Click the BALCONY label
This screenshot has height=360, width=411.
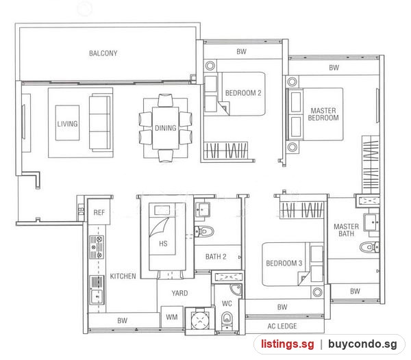point(103,53)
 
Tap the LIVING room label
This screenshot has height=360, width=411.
point(67,124)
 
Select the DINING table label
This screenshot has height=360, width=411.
point(165,128)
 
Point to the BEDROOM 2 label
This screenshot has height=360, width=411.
point(243,93)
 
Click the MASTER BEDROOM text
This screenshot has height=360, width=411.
point(323,114)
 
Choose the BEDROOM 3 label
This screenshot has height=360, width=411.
point(284,263)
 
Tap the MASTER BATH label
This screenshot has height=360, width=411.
point(346,230)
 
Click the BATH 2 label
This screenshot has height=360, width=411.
point(216,257)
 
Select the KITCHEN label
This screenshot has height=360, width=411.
point(123,276)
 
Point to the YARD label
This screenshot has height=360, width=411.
point(179,293)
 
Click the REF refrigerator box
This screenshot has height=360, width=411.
point(99,211)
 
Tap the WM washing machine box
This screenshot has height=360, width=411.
point(172,317)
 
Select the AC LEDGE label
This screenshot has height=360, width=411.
point(282,326)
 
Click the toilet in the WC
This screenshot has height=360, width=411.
point(226,319)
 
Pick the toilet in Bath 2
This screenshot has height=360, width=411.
point(205,231)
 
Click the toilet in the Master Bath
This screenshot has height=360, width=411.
point(369,247)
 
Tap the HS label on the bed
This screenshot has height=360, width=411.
point(163,244)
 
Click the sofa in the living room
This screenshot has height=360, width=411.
point(99,123)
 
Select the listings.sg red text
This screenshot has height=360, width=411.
point(287,344)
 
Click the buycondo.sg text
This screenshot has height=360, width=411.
point(362,344)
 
